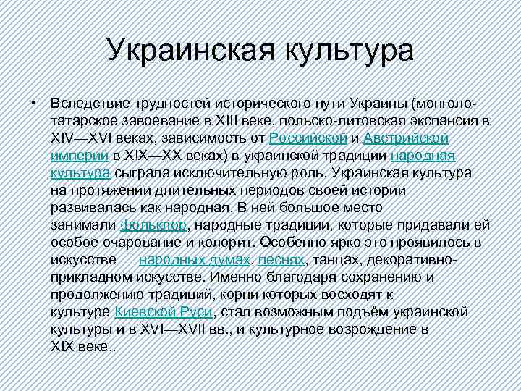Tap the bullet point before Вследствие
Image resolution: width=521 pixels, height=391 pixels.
pos(34,101)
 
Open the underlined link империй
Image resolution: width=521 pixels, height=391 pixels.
pos(80,155)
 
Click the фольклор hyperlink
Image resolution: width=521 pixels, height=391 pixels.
pos(154,224)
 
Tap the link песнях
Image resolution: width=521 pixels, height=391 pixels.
pos(281,259)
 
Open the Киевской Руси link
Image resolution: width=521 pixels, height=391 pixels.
pos(164,311)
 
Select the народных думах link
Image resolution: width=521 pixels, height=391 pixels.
pos(195,259)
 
